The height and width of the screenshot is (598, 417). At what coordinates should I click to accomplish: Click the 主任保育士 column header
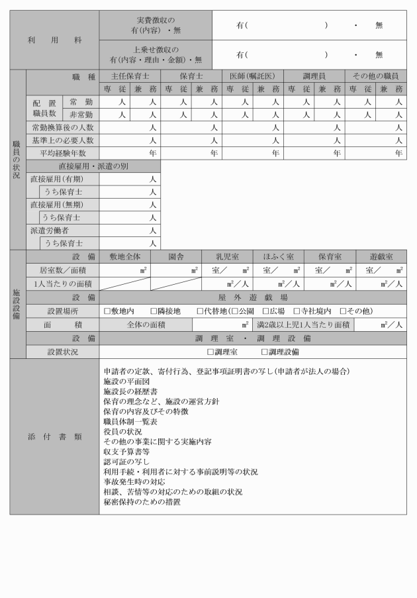[130, 76]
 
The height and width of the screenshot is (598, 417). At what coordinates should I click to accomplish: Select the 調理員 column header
[314, 76]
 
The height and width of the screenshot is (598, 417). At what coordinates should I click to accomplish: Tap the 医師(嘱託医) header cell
[252, 76]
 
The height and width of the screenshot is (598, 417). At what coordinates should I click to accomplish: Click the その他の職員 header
[375, 76]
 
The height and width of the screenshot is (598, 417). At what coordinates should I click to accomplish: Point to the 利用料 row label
[54, 40]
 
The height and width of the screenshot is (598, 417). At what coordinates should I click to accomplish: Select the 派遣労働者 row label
[50, 230]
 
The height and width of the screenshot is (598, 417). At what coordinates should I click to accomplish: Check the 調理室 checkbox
[210, 352]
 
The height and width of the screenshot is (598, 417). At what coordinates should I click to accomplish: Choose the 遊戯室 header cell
[381, 256]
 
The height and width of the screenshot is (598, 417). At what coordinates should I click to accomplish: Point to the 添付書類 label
[54, 436]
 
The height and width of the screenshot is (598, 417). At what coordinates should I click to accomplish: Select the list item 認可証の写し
[127, 461]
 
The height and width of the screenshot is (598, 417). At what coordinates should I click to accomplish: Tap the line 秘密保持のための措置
[142, 502]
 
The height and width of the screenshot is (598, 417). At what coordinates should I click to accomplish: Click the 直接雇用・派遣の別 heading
[93, 166]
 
